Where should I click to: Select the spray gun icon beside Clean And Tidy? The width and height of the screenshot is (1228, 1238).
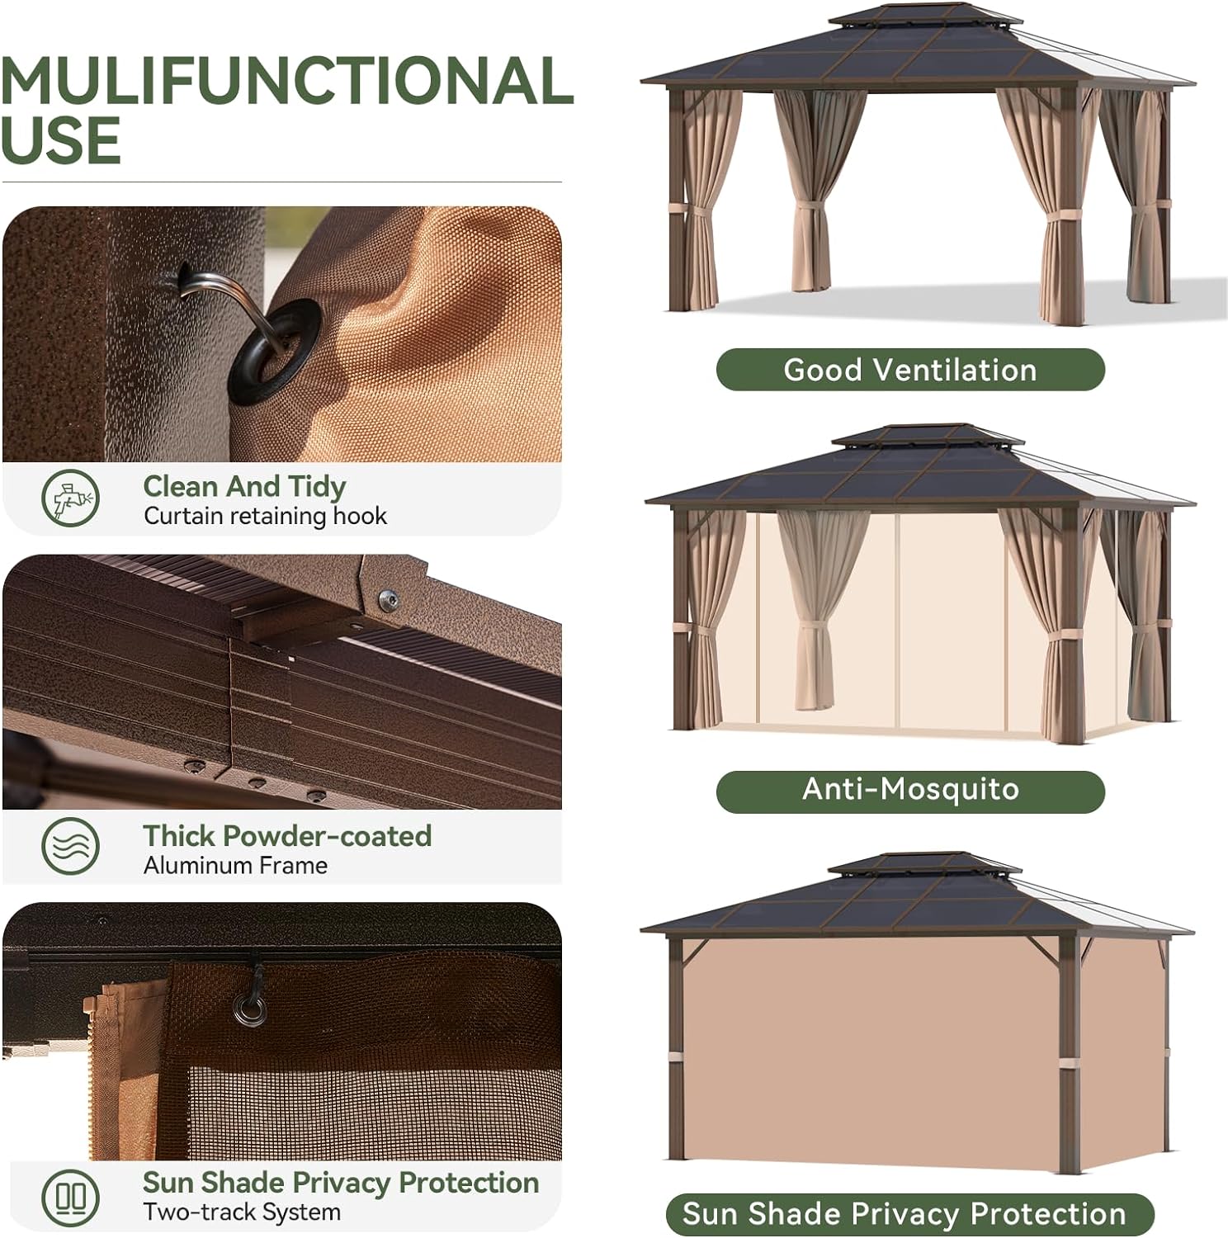71,498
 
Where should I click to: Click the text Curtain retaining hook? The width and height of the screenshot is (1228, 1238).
265,517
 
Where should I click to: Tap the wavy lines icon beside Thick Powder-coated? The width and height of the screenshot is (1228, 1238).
71,847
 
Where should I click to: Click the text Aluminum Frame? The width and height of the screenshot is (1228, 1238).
235,866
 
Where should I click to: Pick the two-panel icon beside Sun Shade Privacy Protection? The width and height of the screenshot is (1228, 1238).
71,1197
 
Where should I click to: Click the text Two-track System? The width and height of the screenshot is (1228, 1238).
242,1212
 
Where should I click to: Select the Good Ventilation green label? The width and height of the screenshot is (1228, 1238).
909,370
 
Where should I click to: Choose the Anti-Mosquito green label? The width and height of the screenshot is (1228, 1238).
909,790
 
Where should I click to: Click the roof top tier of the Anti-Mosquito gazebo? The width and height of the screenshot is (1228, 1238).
927,436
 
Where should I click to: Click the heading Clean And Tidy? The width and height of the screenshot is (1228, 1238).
244,486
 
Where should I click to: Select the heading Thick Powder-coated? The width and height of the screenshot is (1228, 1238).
287,836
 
